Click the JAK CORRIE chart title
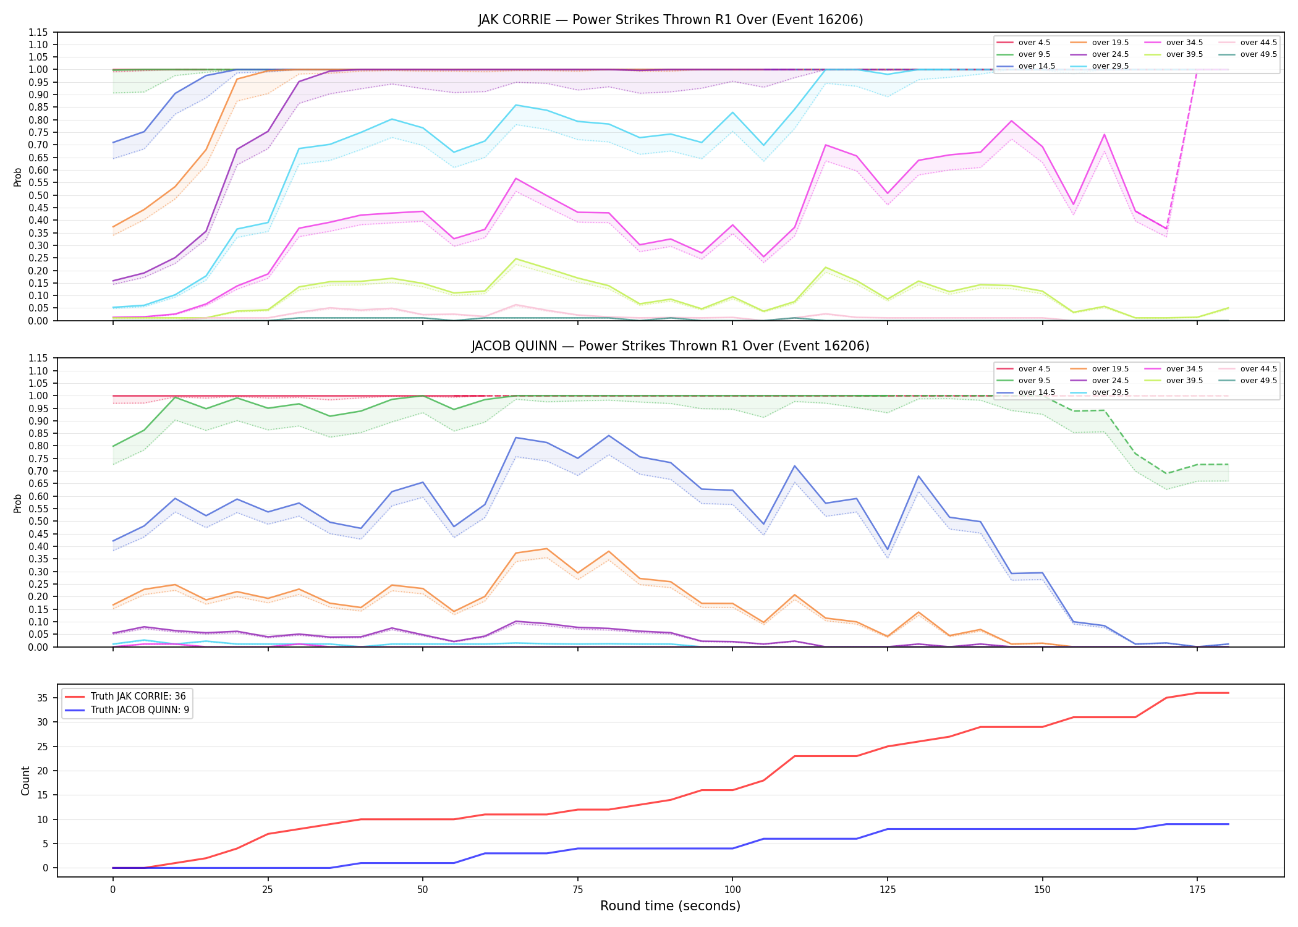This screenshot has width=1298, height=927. coord(671,20)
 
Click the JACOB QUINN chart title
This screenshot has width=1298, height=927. coord(671,346)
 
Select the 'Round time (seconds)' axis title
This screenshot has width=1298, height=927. coord(671,906)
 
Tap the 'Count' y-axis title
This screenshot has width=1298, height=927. coord(25,781)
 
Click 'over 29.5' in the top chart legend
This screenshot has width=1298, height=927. coord(1110,66)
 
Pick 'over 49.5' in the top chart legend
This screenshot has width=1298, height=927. coord(1258,54)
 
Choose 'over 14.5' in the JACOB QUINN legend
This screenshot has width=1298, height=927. coord(1037,392)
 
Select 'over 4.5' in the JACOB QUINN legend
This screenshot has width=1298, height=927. coord(1034,369)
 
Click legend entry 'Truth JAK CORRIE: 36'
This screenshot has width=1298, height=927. coord(138,696)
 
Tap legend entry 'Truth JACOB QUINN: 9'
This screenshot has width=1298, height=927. coord(140,710)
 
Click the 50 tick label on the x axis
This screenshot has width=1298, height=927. coord(422,890)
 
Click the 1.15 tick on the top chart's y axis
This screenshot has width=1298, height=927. coord(38,32)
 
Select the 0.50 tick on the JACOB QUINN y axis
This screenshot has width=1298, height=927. coord(38,521)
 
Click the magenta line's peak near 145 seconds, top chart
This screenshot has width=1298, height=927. coord(1011,121)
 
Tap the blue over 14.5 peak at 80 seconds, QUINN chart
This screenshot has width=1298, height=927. coord(609,436)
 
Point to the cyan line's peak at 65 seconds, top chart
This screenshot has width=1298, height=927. coord(515,105)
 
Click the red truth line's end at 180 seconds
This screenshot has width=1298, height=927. coord(1228,693)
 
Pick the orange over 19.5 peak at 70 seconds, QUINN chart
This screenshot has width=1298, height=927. coord(546,549)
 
